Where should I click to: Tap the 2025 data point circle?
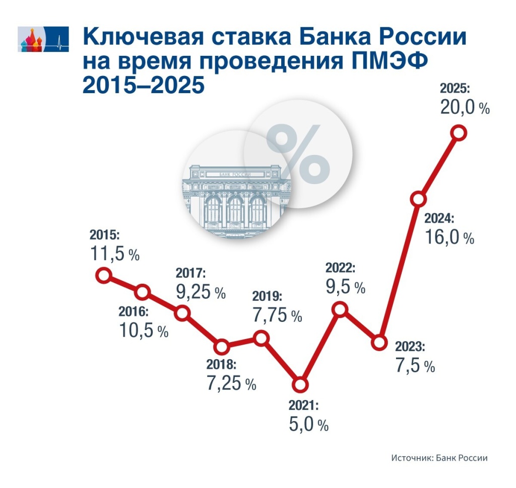point(459,132)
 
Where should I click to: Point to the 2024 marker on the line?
point(418,199)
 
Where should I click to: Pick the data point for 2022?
point(340,309)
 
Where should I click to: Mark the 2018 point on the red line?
point(221,347)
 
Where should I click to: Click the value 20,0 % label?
point(464,108)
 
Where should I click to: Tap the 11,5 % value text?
point(114,254)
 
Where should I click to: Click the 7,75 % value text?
point(277,315)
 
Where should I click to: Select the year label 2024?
point(439,219)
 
